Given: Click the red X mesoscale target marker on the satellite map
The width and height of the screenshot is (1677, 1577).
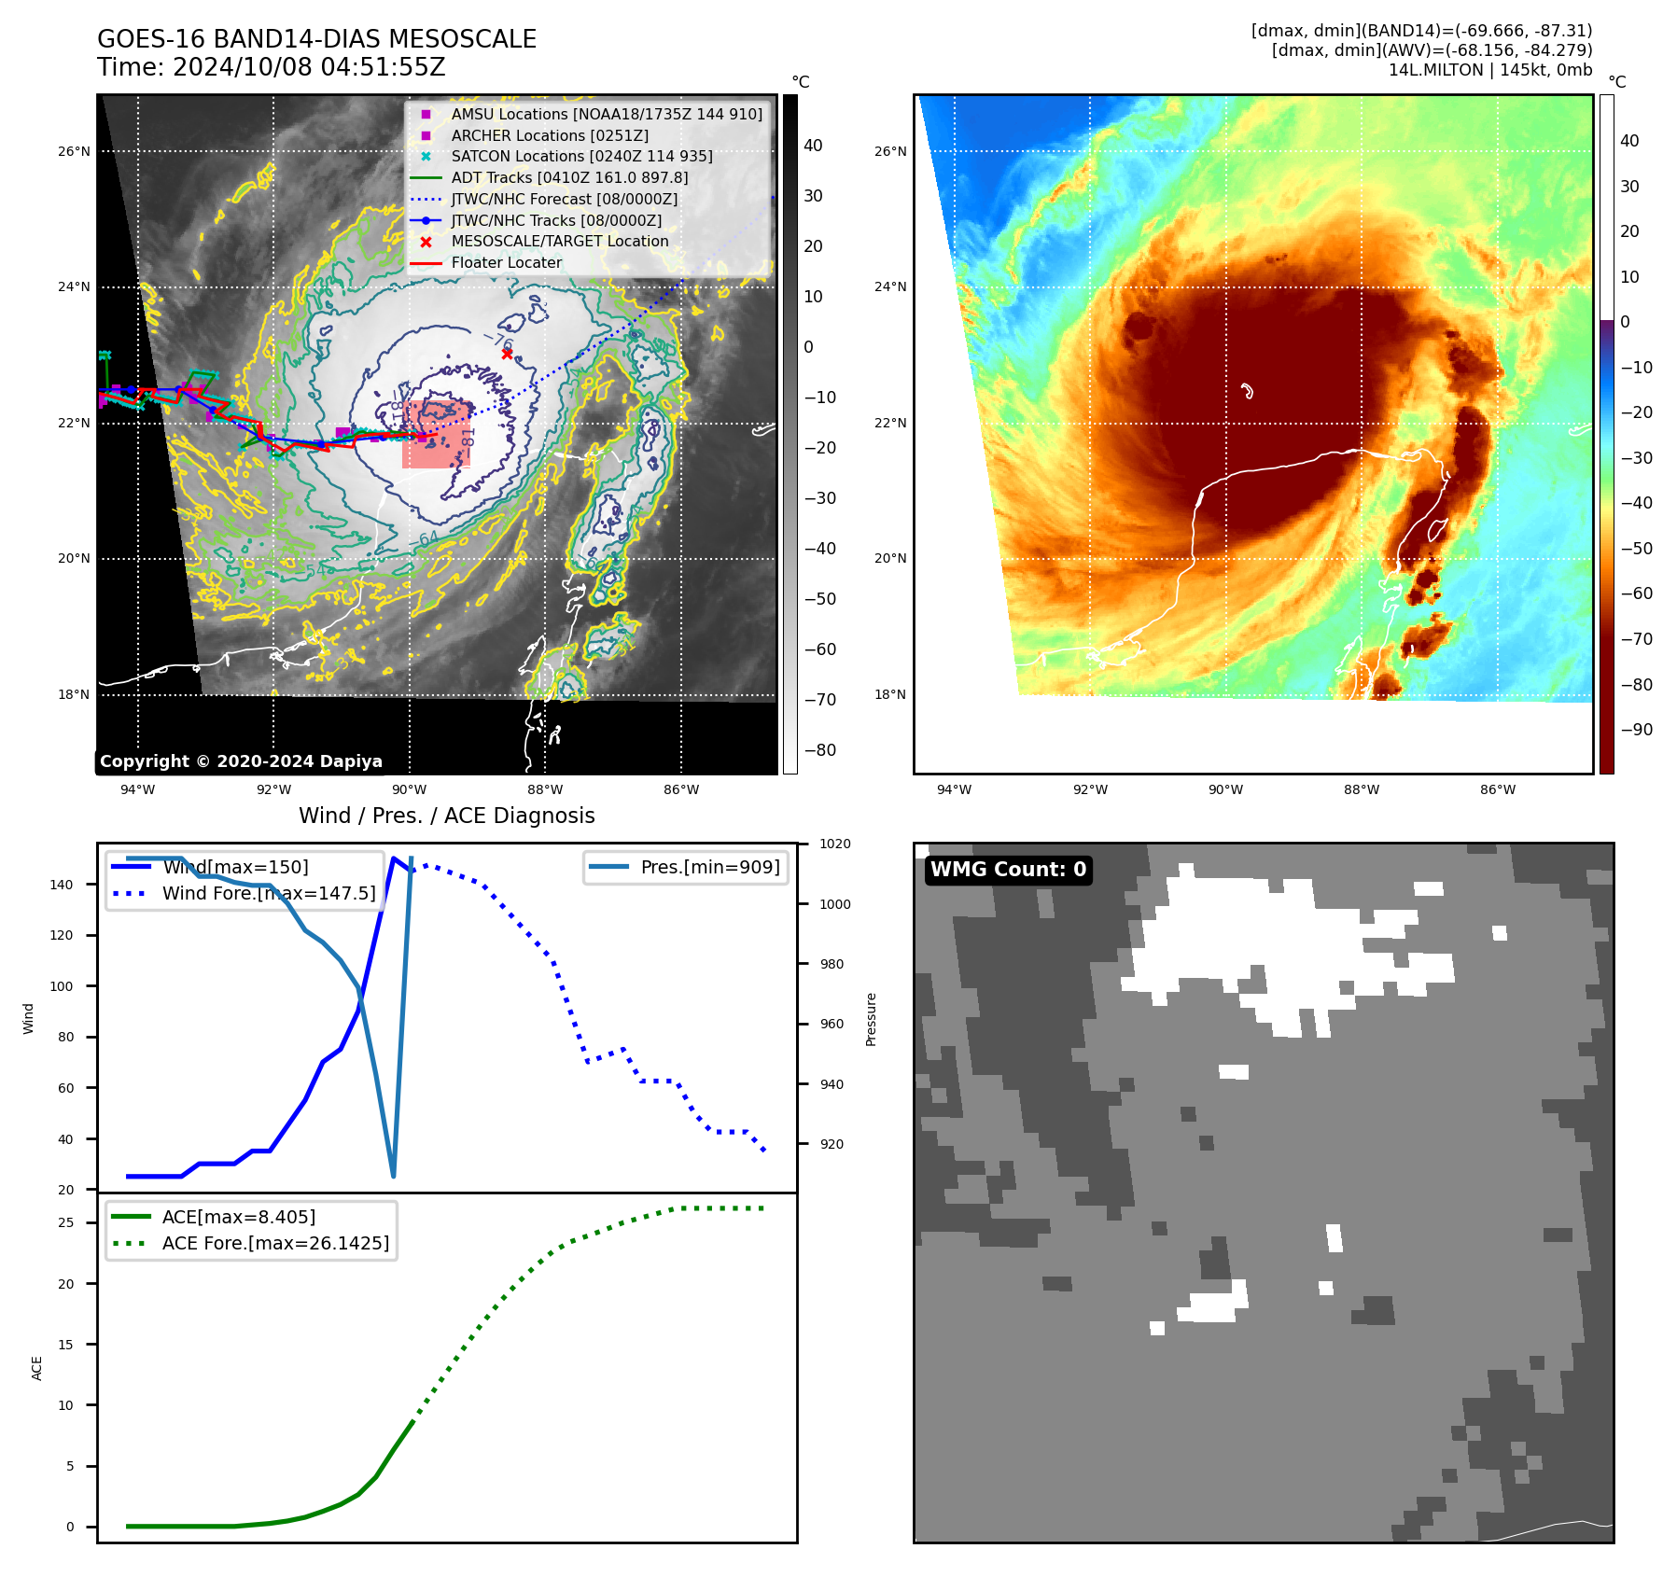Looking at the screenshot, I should point(507,354).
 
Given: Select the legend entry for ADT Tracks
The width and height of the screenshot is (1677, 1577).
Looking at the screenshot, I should point(569,177).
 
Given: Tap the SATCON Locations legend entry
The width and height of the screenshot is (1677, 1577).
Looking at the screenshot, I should point(581,156).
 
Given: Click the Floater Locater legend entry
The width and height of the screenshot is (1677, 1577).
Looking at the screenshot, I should point(506,262).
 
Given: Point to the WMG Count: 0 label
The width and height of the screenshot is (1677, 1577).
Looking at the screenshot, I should point(1008,870).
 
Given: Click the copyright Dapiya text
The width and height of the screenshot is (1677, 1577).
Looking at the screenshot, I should point(241,761).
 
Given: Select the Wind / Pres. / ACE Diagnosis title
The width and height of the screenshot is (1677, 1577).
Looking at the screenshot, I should point(446,816).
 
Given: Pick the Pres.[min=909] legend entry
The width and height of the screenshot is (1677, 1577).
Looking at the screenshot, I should point(709,867).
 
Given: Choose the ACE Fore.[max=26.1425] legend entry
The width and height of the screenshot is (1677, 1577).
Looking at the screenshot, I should point(275,1243).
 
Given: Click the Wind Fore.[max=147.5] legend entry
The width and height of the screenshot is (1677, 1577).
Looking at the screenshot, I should point(269,893).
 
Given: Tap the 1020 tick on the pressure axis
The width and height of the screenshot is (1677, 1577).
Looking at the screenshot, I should point(834,844).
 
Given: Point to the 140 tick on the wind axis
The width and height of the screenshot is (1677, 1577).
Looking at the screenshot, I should point(61,885).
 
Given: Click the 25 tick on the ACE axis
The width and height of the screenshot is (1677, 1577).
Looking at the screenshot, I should point(65,1222).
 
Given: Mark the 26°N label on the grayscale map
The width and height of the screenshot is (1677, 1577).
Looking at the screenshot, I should point(74,151).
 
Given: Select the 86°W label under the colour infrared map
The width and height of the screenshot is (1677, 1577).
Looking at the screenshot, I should point(1497,789).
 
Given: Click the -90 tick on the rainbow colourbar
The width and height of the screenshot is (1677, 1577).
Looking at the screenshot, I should point(1636,730).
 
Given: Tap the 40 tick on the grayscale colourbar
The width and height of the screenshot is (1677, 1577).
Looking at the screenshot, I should point(813,146).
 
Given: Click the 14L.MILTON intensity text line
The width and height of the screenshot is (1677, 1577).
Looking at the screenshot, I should point(1489,70).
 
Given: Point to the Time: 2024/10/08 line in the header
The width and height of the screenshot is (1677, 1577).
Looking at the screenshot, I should point(271,67).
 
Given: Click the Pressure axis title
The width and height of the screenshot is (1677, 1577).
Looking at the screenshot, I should point(871,1019).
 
